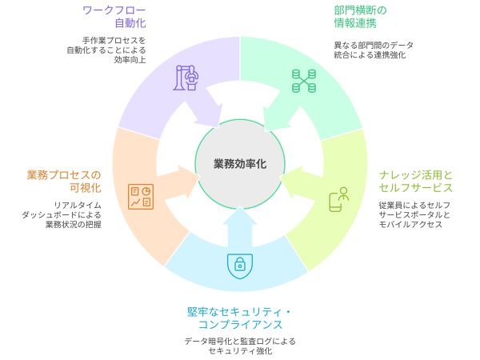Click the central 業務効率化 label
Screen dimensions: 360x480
240,163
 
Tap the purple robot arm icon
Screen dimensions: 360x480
186,78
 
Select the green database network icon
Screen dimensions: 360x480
303,79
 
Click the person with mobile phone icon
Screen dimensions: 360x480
339,199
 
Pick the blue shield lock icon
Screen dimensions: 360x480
240,264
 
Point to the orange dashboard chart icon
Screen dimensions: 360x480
141,196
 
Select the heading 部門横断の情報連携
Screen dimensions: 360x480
360,17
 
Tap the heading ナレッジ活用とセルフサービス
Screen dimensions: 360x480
416,182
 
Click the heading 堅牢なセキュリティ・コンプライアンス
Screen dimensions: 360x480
240,318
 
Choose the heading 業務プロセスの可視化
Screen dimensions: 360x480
64,182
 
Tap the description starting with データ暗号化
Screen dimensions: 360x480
240,346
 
